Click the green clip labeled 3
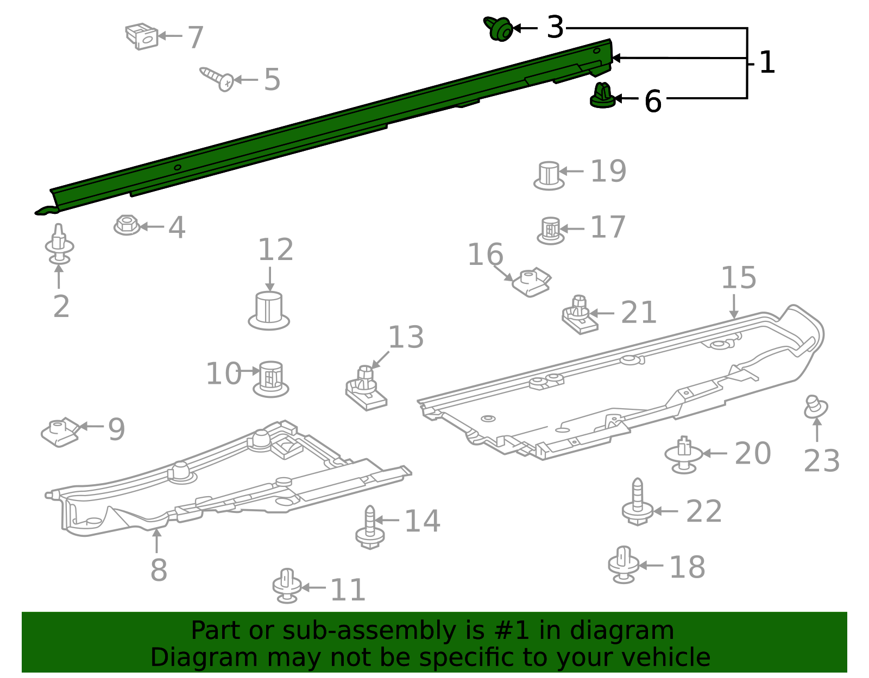click(x=499, y=29)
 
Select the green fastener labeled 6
click(x=602, y=96)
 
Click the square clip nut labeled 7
click(x=142, y=36)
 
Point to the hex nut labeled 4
click(x=127, y=225)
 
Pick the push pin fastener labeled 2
click(x=59, y=245)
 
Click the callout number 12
click(x=275, y=250)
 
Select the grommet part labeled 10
click(x=270, y=378)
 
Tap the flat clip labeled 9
click(x=60, y=432)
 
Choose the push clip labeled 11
click(x=287, y=586)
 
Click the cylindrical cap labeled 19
click(x=549, y=175)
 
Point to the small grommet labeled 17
click(x=550, y=230)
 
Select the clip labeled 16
click(x=532, y=282)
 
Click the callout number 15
click(x=738, y=278)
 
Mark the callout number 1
click(x=766, y=63)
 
